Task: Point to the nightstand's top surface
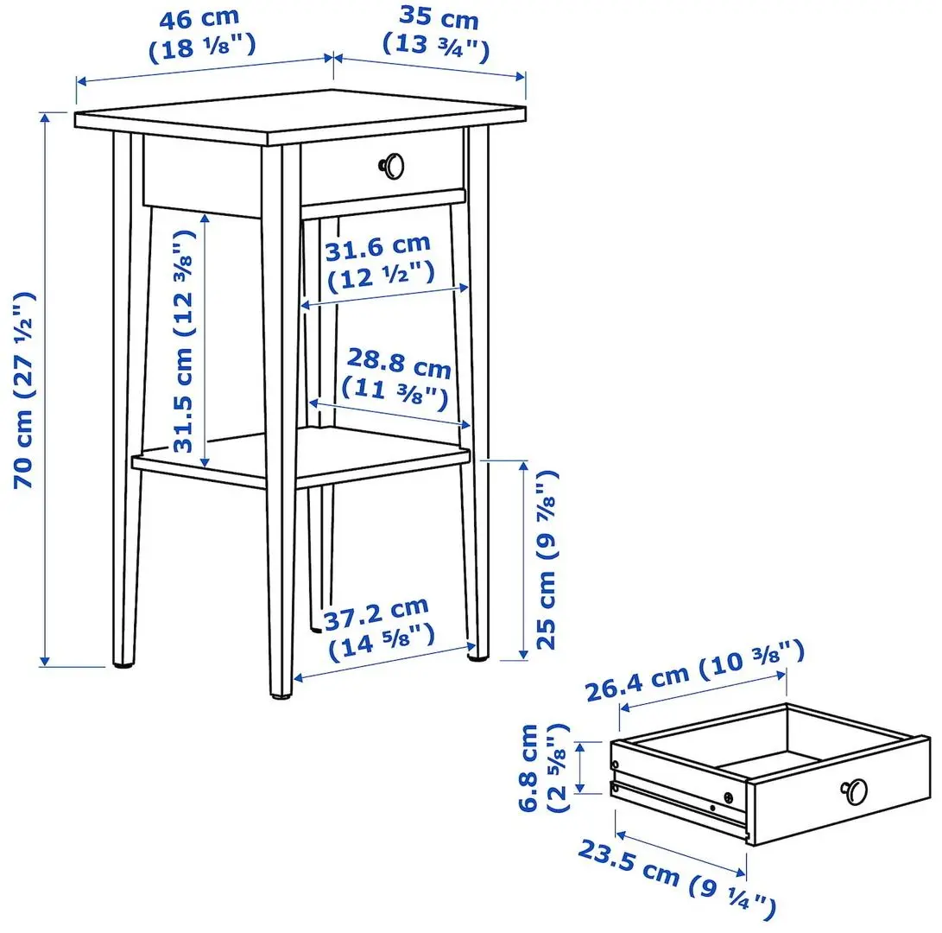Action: (302, 117)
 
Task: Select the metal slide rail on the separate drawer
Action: (682, 799)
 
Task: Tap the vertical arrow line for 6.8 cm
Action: (581, 767)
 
